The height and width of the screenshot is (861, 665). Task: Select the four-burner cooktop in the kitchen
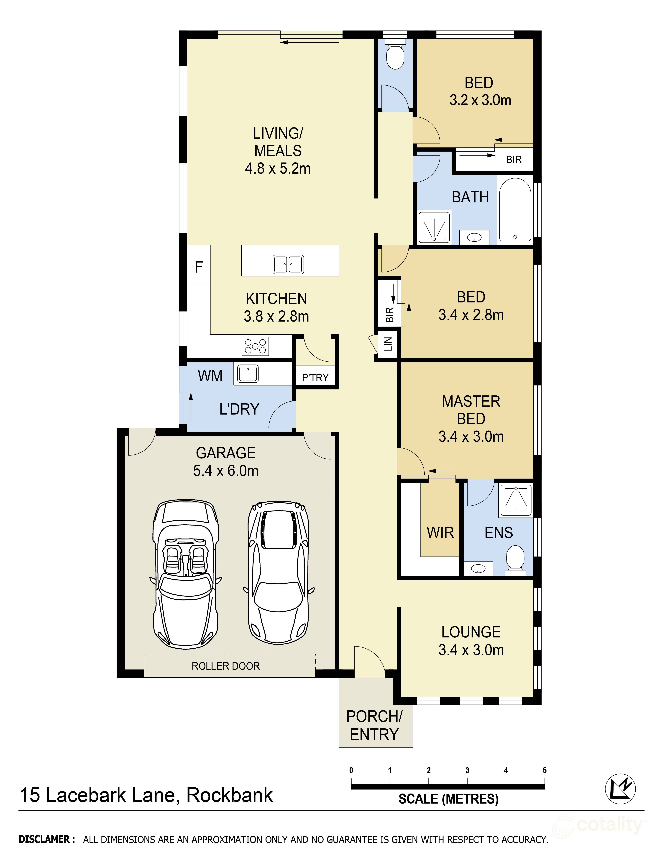(255, 346)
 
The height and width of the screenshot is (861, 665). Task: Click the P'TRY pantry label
(315, 378)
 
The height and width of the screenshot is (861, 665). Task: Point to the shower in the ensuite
(516, 500)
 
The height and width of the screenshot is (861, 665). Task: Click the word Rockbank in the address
(229, 795)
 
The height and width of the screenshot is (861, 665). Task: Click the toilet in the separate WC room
(395, 54)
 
